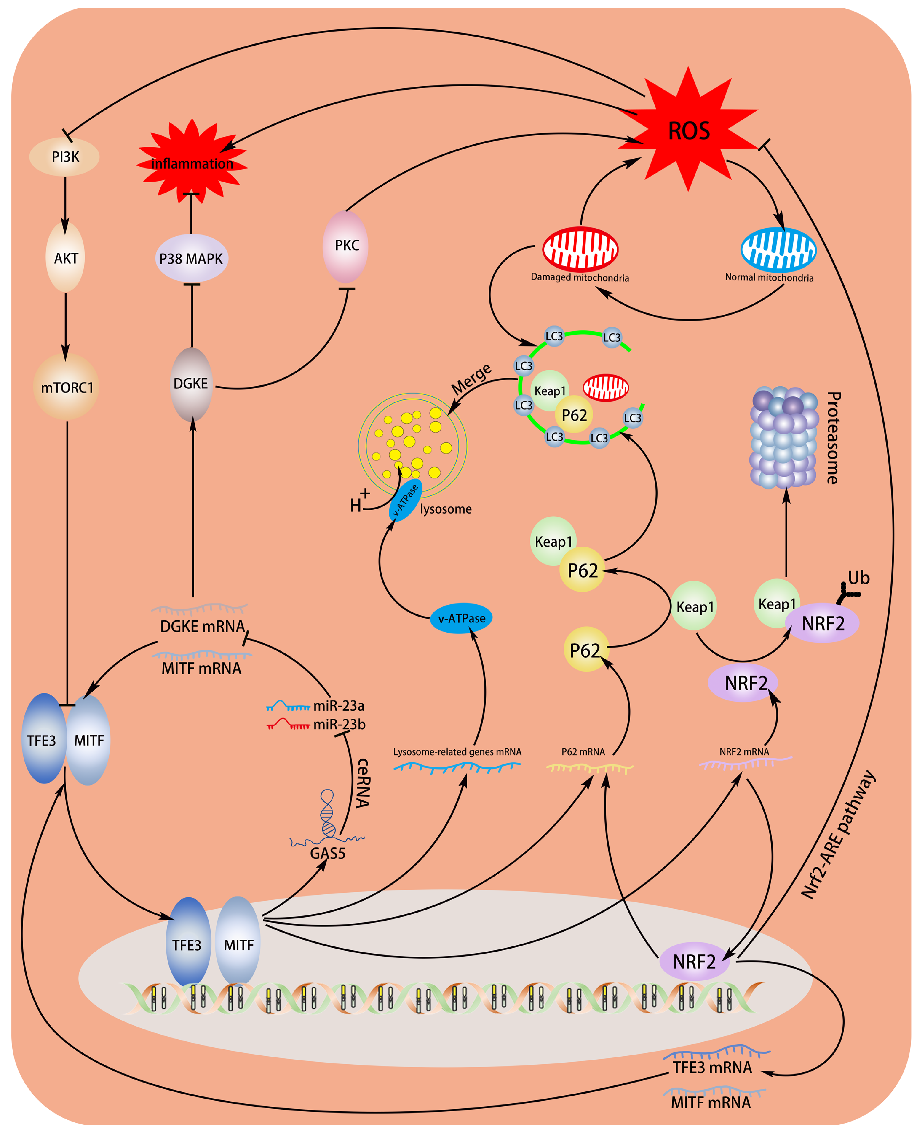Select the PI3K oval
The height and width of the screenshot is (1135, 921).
[x=65, y=157]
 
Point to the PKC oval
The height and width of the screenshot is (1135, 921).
[x=346, y=246]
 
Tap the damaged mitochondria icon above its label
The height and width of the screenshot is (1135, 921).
[x=580, y=249]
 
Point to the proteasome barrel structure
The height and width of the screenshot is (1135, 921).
[x=784, y=438]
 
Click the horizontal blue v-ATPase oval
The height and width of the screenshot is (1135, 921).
[x=461, y=618]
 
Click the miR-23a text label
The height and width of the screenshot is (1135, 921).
[x=338, y=706]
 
